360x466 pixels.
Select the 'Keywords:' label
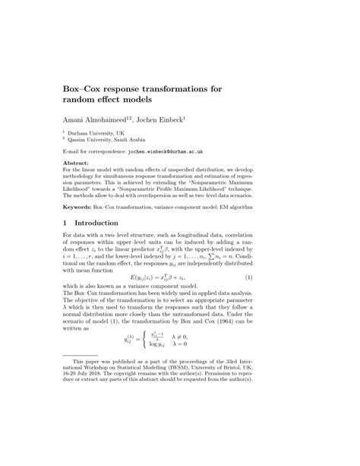tap(80, 207)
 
